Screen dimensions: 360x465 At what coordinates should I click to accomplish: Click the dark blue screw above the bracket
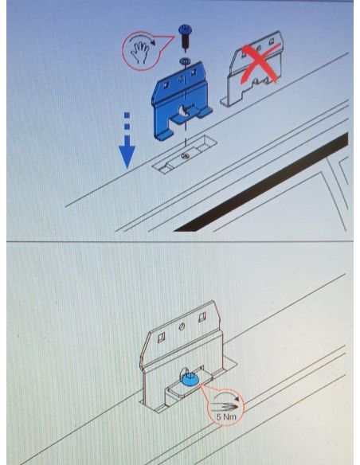(x=185, y=36)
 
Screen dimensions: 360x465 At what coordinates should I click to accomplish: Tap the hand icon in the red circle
(x=140, y=52)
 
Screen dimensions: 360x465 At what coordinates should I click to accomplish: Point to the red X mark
(x=260, y=63)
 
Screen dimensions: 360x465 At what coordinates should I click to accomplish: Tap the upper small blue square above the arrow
(x=127, y=115)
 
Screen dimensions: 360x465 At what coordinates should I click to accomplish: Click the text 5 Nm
(x=226, y=416)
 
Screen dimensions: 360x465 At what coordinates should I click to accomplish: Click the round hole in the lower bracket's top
(x=182, y=326)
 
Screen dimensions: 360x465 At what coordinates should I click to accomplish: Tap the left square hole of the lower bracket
(x=161, y=337)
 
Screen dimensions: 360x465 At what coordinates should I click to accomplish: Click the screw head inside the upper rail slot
(x=186, y=155)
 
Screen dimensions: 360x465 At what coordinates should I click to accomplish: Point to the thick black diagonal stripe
(x=261, y=182)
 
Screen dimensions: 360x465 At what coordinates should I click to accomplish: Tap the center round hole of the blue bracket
(x=180, y=79)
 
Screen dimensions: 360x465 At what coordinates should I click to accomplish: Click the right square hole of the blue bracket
(x=194, y=72)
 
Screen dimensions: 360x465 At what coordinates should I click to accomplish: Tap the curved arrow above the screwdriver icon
(x=227, y=396)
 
